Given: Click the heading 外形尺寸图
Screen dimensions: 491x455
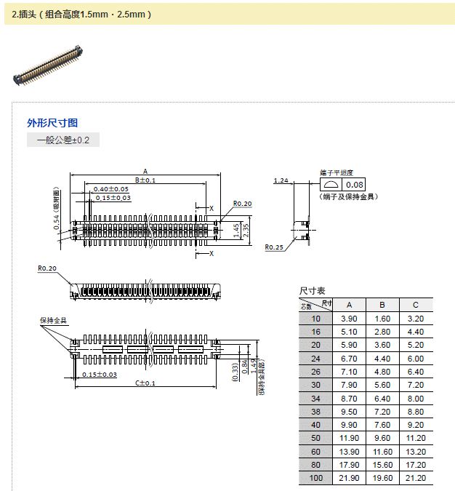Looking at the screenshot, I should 52,122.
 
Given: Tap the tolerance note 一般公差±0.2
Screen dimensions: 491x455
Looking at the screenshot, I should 63,140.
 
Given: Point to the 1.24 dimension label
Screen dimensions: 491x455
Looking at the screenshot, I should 281,180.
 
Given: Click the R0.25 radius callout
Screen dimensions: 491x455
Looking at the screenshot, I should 274,247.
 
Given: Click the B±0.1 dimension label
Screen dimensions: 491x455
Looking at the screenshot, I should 145,180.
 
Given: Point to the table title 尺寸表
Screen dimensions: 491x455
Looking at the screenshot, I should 313,291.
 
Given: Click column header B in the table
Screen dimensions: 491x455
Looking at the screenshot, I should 382,305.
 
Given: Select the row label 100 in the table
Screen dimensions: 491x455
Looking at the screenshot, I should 315,478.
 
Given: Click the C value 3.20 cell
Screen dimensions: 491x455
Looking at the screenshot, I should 415,319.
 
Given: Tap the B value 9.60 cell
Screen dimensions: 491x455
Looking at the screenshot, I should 382,438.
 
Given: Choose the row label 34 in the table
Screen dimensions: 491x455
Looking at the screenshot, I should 315,398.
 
